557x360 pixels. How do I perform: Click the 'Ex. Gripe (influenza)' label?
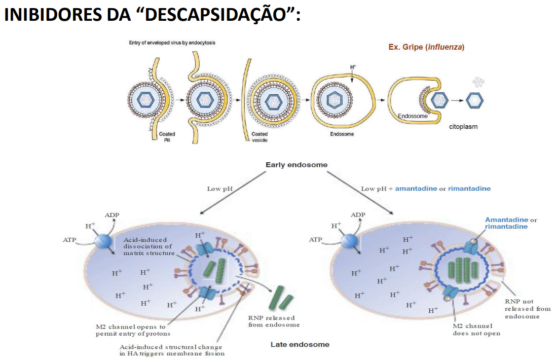pyautogui.click(x=426, y=47)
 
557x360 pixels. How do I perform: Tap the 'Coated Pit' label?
pyautogui.click(x=167, y=137)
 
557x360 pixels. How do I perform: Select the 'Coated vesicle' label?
pyautogui.click(x=260, y=137)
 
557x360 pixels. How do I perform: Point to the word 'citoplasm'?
pyautogui.click(x=463, y=126)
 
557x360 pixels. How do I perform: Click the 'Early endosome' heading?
pyautogui.click(x=296, y=165)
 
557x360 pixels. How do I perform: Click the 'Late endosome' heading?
pyautogui.click(x=300, y=344)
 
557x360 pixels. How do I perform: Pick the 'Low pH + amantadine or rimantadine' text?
pyautogui.click(x=425, y=189)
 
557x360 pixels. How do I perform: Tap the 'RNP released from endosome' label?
pyautogui.click(x=274, y=321)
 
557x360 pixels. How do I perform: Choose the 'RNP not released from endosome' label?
pyautogui.click(x=522, y=309)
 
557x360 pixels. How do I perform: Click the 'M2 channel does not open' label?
pyautogui.click(x=476, y=330)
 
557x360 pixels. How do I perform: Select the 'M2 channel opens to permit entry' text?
pyautogui.click(x=130, y=330)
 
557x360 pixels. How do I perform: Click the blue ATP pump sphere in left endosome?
pyautogui.click(x=105, y=241)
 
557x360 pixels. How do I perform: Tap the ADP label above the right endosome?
pyautogui.click(x=358, y=214)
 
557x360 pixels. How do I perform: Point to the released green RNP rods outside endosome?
pyautogui.click(x=277, y=298)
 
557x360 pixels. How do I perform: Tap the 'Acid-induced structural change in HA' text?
pyautogui.click(x=172, y=350)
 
